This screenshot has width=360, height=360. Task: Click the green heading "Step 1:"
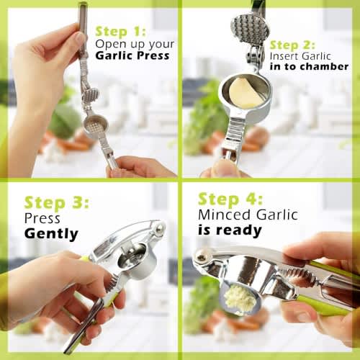pos(120,32)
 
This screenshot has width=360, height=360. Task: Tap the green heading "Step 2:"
pos(292,45)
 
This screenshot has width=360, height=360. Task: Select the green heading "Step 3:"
pos(57,203)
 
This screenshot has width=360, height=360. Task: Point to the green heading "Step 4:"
pos(230,199)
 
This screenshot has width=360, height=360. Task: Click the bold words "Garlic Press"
pos(132,55)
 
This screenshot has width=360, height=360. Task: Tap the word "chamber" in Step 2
pos(324,66)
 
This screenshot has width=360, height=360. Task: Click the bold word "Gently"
pos(51,234)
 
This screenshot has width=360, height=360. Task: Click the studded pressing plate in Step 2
pos(250,31)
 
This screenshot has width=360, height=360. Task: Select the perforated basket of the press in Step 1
pos(96,125)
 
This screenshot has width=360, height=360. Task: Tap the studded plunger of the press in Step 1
pos(91,96)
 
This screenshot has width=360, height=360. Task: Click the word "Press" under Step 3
pos(42,218)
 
